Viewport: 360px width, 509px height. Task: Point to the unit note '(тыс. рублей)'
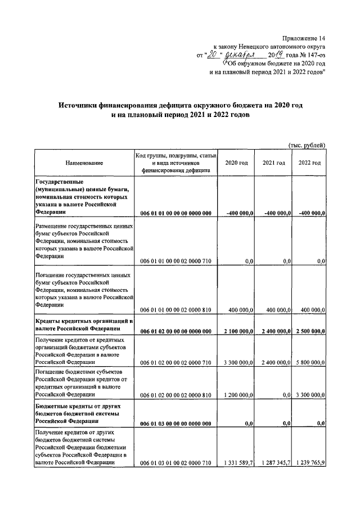307,145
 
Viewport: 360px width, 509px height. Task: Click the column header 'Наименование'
84,163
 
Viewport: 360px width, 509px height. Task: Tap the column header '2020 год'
236,163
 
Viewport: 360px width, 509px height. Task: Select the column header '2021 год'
273,163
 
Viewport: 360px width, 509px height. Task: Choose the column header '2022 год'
309,163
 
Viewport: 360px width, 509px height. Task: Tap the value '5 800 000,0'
309,363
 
